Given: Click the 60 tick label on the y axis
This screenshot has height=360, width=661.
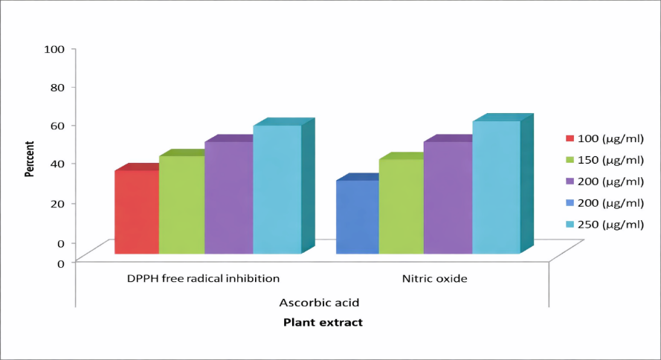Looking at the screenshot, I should click(x=57, y=126).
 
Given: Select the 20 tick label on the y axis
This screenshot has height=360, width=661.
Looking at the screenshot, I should click(x=57, y=203).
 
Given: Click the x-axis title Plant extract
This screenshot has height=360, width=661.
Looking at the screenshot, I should click(x=323, y=323).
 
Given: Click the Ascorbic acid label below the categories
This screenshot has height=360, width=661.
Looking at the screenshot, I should click(x=319, y=303).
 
